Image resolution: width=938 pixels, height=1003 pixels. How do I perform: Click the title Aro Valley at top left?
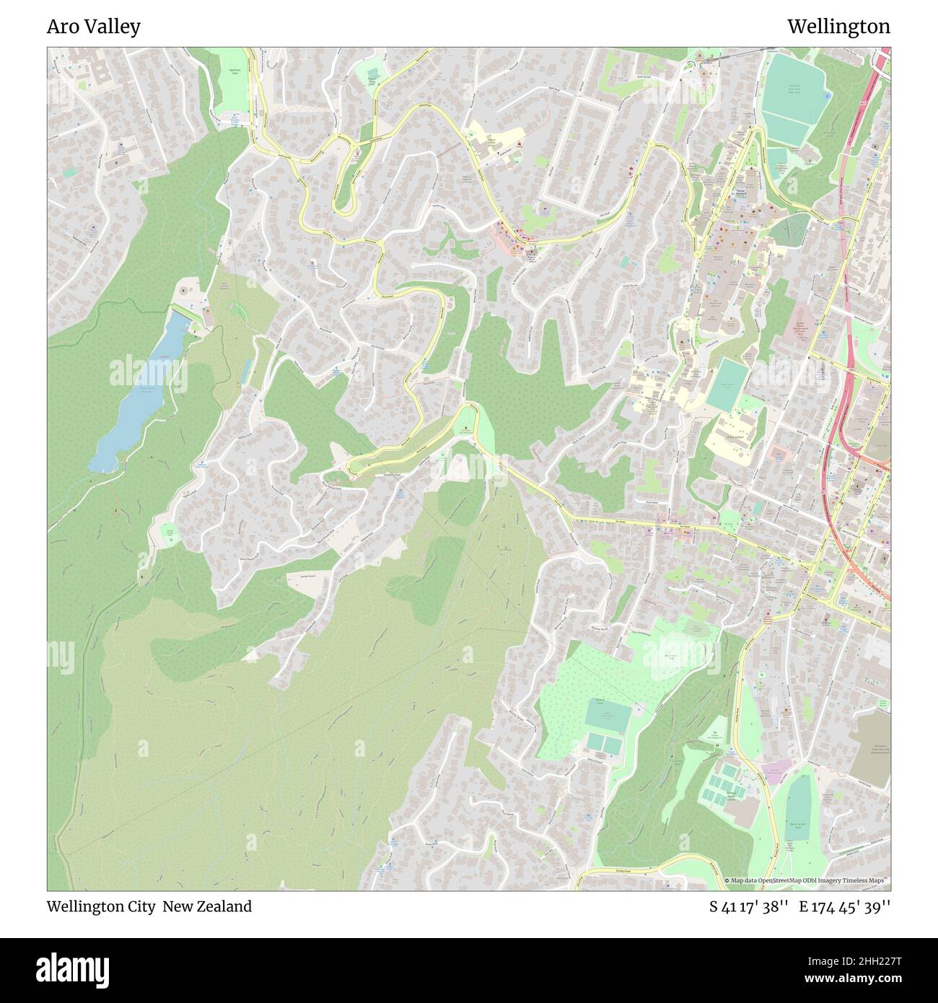click(x=94, y=27)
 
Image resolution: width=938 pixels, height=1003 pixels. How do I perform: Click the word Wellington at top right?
click(x=838, y=27)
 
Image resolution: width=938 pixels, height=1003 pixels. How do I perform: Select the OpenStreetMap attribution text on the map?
click(x=809, y=881)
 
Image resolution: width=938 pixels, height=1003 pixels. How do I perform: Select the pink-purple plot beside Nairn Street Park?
click(x=776, y=772)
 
